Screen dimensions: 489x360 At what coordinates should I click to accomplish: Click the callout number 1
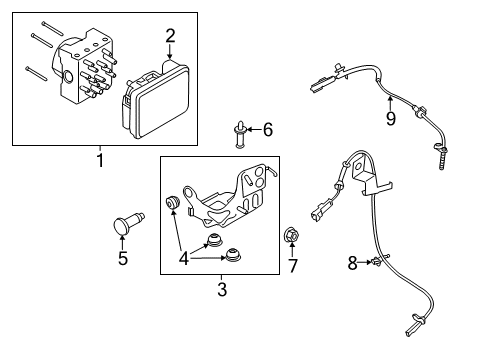pyautogui.click(x=100, y=160)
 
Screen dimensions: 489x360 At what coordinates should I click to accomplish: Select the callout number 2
pyautogui.click(x=170, y=36)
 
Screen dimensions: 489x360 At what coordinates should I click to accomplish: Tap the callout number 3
pyautogui.click(x=222, y=289)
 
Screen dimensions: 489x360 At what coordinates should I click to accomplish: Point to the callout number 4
pyautogui.click(x=184, y=258)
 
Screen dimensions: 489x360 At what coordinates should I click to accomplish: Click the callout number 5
pyautogui.click(x=123, y=258)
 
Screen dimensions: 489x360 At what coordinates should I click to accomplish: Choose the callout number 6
pyautogui.click(x=268, y=129)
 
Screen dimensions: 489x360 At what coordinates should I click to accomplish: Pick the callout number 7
pyautogui.click(x=293, y=266)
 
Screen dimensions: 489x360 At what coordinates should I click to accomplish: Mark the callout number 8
pyautogui.click(x=352, y=263)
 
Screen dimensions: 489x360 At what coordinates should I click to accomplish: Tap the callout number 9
pyautogui.click(x=391, y=118)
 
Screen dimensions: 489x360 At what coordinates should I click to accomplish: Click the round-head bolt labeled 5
pyautogui.click(x=129, y=223)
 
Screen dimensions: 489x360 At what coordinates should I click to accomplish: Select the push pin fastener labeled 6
pyautogui.click(x=240, y=134)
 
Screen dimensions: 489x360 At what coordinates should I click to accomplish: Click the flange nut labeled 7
pyautogui.click(x=292, y=235)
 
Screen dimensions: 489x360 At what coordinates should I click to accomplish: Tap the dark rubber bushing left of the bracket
pyautogui.click(x=173, y=203)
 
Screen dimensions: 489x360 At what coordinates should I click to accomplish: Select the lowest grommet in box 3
pyautogui.click(x=233, y=255)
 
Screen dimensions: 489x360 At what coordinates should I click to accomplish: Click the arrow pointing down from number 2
pyautogui.click(x=170, y=53)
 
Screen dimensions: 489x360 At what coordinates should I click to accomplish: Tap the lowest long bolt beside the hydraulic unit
pyautogui.click(x=36, y=74)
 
